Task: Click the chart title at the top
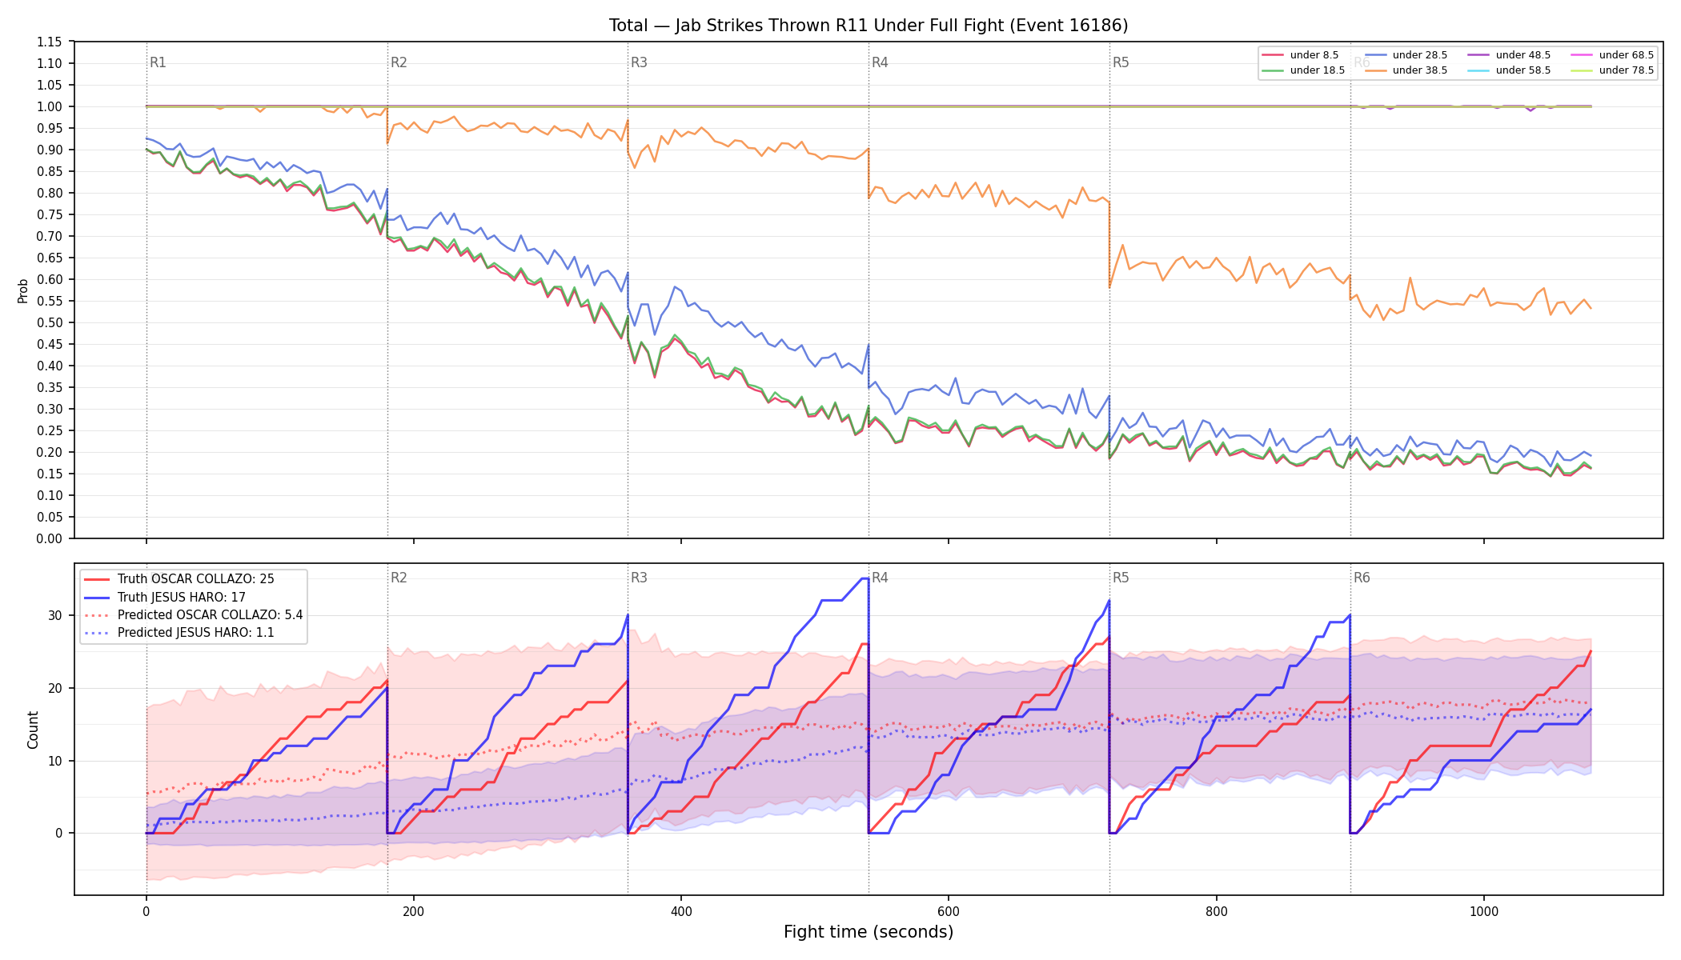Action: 869,26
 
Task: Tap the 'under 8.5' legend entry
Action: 1301,55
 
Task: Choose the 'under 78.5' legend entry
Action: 1613,70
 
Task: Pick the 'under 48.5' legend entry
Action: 1510,55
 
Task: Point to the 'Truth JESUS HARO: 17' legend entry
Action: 165,597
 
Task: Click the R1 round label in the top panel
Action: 158,62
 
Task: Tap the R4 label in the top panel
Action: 880,62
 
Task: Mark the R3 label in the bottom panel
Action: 639,578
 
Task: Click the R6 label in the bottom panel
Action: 1362,578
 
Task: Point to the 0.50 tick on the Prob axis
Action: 50,322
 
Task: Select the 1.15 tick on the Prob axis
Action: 50,42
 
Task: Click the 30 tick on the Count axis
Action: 54,616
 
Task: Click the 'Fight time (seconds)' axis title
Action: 869,932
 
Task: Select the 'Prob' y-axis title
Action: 22,290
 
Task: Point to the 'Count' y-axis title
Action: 33,730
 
